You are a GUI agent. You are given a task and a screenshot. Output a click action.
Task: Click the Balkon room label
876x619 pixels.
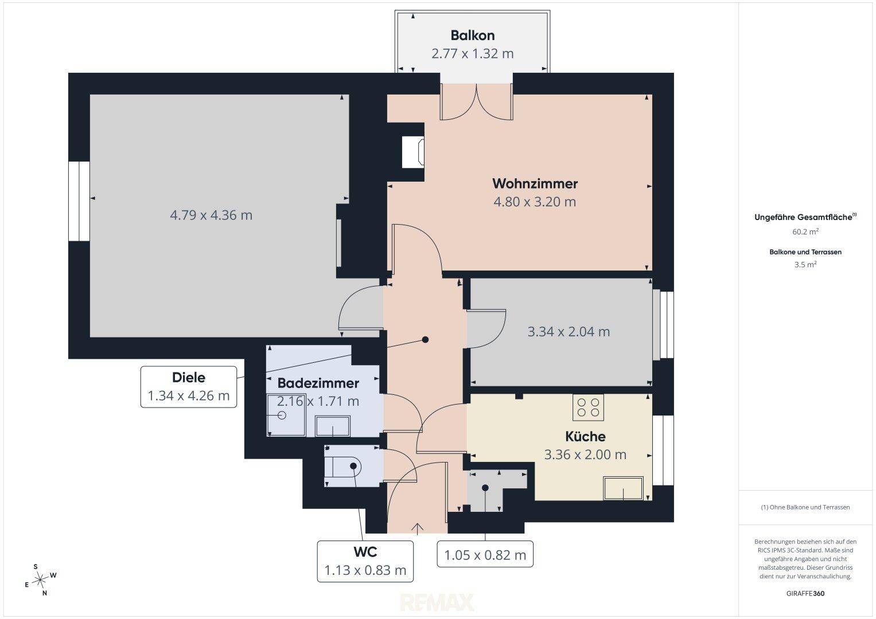pos(472,36)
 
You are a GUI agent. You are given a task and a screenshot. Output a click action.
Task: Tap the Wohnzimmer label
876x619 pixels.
pos(535,183)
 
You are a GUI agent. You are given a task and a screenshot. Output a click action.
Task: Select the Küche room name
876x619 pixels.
pos(585,437)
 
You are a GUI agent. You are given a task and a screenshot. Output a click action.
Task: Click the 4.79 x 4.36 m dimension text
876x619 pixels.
pos(211,216)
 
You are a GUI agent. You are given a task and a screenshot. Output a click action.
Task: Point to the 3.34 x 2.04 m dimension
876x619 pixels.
pos(569,332)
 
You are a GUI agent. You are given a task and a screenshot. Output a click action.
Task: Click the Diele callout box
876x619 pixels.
pos(189,387)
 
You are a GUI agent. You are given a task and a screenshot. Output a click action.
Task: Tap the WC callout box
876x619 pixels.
pos(365,561)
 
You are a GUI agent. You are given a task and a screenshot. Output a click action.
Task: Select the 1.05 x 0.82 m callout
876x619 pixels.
pos(485,554)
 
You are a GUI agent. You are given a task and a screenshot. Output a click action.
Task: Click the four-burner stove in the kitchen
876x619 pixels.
pos(588,407)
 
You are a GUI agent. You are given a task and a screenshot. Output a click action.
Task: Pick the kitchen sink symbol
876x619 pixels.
pos(624,488)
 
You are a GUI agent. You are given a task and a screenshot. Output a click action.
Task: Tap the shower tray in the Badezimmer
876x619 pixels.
pos(286,415)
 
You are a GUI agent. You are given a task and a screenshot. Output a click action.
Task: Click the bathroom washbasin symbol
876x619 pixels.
pos(332,426)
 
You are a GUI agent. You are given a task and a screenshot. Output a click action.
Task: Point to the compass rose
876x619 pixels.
pos(41,580)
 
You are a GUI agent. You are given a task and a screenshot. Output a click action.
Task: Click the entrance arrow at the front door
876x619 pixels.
pos(417,528)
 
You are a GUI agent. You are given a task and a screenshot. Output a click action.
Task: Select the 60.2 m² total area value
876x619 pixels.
pos(805,232)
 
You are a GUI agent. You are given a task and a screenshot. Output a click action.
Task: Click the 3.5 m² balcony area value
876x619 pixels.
pos(805,265)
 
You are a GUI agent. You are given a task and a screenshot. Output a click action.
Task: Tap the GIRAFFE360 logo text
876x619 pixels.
pos(805,594)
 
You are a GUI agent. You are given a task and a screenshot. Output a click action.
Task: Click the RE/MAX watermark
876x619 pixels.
pos(437,602)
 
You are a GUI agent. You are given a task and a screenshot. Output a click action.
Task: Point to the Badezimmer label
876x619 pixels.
pos(318,383)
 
